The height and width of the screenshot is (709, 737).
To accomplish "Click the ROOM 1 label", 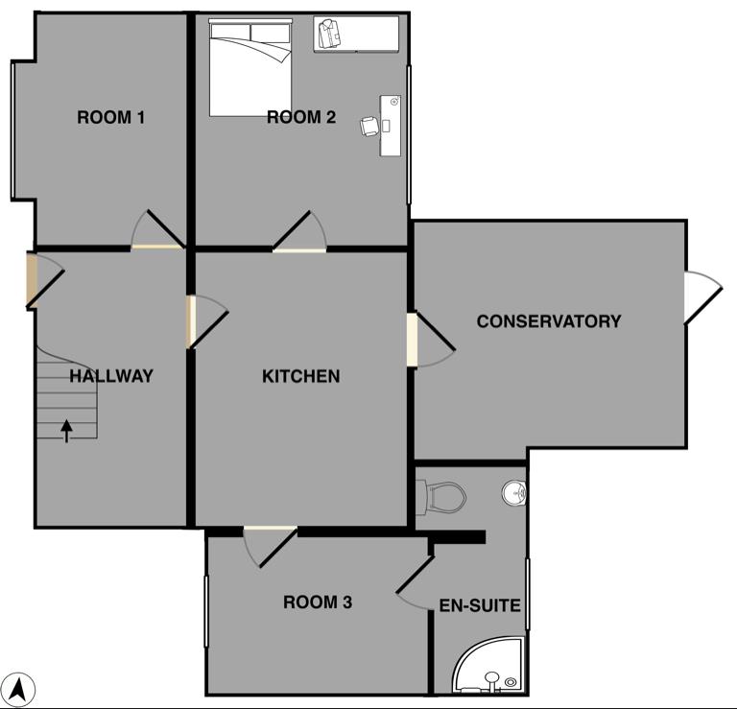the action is [x=111, y=117].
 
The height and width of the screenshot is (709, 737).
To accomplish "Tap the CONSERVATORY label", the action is [x=549, y=321].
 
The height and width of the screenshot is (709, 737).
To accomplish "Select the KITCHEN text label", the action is [x=300, y=376].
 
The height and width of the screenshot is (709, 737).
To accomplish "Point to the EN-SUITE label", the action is [x=480, y=605].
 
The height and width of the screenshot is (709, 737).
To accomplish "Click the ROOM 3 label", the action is [x=318, y=602].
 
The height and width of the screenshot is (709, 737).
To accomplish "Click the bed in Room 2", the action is [x=250, y=68].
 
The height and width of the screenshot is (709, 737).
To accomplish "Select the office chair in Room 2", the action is [x=369, y=127].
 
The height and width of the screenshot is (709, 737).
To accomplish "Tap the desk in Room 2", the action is [x=391, y=126].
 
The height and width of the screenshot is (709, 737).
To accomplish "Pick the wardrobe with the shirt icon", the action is [x=356, y=34].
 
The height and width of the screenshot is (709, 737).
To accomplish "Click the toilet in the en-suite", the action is [x=440, y=498].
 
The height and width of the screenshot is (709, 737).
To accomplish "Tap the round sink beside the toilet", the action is [x=513, y=493].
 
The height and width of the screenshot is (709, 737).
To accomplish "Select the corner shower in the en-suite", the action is [x=488, y=665].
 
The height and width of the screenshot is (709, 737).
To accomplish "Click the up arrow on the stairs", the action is [x=66, y=431].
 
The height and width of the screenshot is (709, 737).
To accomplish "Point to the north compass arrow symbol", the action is [x=19, y=690].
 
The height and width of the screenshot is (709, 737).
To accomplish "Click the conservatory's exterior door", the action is [x=702, y=297].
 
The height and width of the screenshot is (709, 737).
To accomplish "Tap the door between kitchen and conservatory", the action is [x=430, y=340].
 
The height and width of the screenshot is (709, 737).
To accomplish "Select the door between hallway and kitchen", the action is [x=207, y=321].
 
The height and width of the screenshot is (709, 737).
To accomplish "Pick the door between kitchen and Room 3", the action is [x=271, y=547].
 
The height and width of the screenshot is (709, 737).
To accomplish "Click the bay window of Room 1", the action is [x=13, y=130].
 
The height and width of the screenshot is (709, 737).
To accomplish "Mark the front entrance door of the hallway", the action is [x=45, y=281].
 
